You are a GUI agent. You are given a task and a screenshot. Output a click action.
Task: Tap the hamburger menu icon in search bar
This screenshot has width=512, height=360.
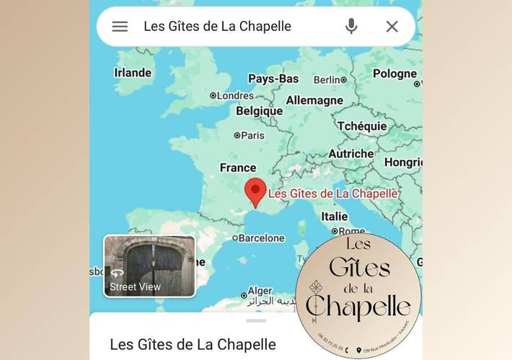(x=120, y=27)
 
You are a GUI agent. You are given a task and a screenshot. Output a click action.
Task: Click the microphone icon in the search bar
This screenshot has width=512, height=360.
(x=351, y=27)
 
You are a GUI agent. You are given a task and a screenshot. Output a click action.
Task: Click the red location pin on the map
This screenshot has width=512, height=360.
(x=255, y=193)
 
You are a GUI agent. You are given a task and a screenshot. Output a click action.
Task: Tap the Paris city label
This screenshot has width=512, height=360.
(x=252, y=135)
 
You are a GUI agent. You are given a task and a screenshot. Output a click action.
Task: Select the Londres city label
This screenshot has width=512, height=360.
(x=235, y=95)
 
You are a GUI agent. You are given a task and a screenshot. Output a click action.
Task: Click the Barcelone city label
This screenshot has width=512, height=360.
(x=261, y=238)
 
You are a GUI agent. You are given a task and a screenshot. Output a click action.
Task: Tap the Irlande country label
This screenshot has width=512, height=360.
(x=133, y=73)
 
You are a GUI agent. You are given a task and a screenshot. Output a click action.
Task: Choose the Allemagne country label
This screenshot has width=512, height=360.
(x=314, y=100)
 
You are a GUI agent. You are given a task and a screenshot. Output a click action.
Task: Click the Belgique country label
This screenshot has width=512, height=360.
(x=260, y=111)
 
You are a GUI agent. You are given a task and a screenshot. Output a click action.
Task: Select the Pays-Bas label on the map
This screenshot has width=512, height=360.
(x=273, y=79)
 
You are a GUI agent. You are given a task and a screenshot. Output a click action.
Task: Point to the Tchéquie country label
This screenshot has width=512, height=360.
(x=362, y=126)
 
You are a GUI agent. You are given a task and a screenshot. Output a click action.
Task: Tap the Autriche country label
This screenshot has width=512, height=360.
(x=351, y=154)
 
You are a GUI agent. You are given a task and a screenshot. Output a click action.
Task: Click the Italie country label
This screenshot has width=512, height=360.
(x=334, y=216)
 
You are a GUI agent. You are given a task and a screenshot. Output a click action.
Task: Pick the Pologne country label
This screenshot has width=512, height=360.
(x=394, y=74)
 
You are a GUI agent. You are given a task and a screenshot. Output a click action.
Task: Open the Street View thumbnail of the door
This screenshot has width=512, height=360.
(x=149, y=265)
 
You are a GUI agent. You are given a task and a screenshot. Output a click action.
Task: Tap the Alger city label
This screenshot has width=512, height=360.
(x=260, y=291)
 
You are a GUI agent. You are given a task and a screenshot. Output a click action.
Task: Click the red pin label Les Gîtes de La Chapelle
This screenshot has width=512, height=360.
(x=333, y=193)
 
